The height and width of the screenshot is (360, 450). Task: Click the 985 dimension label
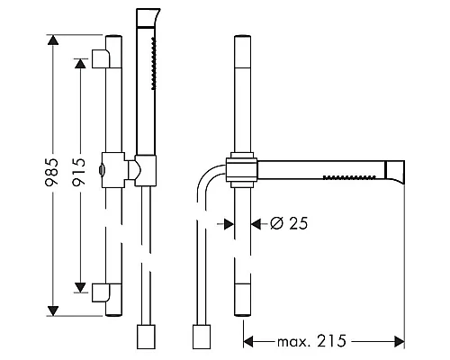[x=51, y=172]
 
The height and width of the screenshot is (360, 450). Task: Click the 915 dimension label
[x=79, y=172]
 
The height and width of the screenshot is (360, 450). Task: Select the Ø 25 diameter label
[x=289, y=223]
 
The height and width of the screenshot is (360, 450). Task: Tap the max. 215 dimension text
[x=311, y=341]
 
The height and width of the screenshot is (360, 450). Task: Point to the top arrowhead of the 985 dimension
[x=53, y=40]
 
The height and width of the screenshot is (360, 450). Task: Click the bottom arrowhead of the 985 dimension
[x=53, y=310]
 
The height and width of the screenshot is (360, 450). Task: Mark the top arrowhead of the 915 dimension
[x=80, y=63]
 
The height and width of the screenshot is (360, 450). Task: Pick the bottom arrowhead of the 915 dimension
[x=80, y=287]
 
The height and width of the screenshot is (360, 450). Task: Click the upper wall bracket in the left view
[x=101, y=58]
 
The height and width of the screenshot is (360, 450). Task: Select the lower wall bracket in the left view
[x=101, y=292]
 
